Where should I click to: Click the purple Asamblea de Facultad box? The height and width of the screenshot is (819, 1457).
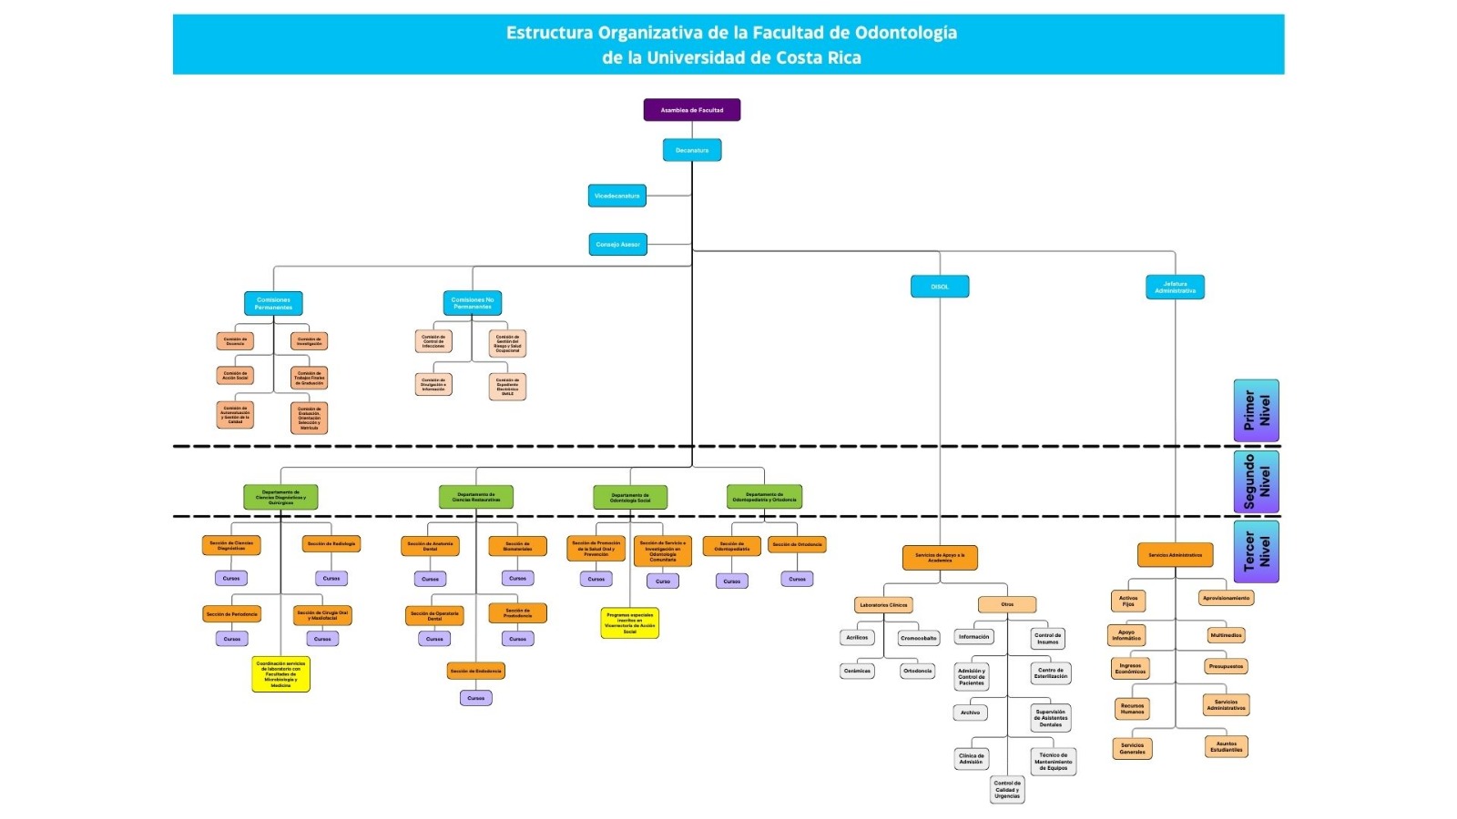(692, 110)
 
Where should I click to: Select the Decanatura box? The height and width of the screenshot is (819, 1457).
(692, 150)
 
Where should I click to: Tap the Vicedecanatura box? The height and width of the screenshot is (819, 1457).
(617, 196)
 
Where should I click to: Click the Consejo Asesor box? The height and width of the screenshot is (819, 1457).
(618, 244)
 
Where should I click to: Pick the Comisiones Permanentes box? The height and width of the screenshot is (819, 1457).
(273, 303)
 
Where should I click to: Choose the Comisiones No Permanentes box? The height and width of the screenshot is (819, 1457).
(473, 303)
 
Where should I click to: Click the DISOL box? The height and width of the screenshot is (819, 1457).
(940, 287)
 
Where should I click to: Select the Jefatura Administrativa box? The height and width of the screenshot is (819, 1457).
(1175, 287)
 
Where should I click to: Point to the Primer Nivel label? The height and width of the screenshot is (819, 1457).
(1257, 410)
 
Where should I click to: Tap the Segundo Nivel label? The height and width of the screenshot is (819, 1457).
(1257, 481)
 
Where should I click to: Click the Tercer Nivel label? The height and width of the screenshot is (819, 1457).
(1257, 551)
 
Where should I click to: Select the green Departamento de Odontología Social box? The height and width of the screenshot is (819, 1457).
(630, 498)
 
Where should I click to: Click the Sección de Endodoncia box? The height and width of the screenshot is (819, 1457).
(475, 671)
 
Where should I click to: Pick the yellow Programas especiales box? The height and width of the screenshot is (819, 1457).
(629, 623)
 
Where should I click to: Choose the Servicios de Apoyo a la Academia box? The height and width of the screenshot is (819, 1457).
(940, 557)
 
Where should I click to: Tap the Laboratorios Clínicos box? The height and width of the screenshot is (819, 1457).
(883, 604)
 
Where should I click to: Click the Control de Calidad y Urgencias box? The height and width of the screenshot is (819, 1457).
(1007, 790)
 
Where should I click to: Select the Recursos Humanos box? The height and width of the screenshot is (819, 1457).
(1132, 708)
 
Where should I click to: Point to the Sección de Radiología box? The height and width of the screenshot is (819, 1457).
(331, 544)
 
